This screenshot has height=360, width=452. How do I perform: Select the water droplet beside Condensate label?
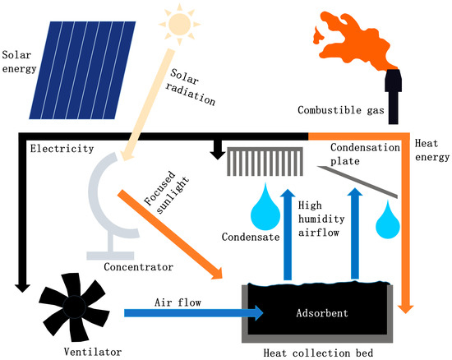[265, 206]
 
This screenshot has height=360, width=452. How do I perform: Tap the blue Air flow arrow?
[189, 312]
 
